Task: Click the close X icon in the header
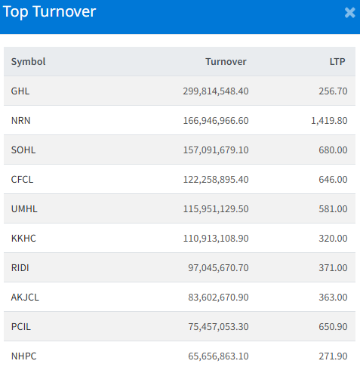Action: coord(350,13)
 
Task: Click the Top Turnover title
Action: coord(49,12)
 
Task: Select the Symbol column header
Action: coord(28,62)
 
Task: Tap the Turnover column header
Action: coord(226,62)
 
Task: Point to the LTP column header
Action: coord(337,62)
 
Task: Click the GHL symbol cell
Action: coord(20,91)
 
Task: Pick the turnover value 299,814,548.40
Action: coord(216,91)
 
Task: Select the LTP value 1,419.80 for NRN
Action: coord(329,121)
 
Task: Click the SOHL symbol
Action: coord(23,150)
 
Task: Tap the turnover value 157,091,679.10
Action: coord(216,150)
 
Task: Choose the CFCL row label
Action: coord(22,180)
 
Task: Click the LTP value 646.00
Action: coord(333,180)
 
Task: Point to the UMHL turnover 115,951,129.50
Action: coord(216,209)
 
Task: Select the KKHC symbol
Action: coord(23,239)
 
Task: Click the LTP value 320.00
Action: coord(333,239)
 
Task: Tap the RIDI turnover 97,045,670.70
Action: coord(218,268)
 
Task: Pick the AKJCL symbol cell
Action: coord(25,298)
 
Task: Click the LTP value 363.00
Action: coord(333,298)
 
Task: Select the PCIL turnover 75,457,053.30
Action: coord(218,327)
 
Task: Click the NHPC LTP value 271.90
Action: coord(333,356)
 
